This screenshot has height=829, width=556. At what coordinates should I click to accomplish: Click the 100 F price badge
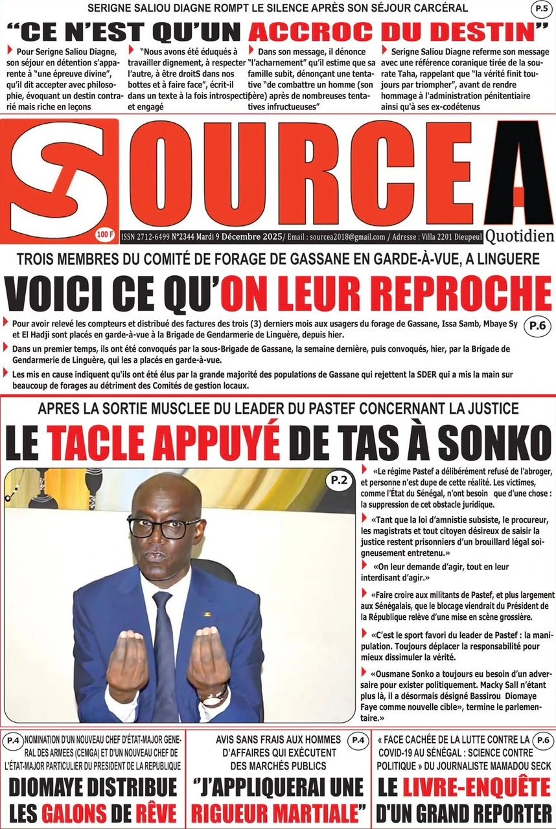104,232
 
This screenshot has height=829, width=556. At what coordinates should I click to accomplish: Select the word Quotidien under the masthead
520,236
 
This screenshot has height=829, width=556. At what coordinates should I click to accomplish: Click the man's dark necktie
163,648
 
